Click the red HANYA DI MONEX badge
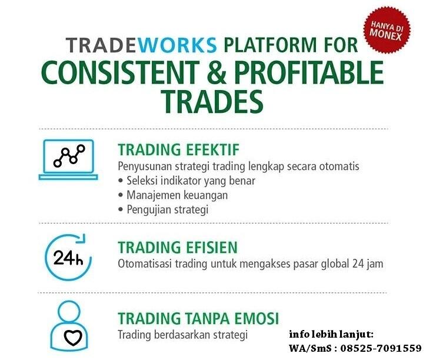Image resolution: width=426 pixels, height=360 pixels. [x=387, y=30]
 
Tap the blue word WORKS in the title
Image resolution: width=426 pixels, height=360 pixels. [x=179, y=45]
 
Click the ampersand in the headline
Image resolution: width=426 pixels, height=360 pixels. [x=217, y=72]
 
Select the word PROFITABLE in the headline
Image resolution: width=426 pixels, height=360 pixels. [x=309, y=72]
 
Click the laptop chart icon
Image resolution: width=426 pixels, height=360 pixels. [x=68, y=160]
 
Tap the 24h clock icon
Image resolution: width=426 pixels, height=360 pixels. [x=68, y=257]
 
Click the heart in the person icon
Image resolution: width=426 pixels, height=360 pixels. [x=73, y=338]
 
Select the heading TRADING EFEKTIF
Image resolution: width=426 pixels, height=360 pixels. [x=178, y=149]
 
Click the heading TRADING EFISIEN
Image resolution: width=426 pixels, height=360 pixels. [x=178, y=247]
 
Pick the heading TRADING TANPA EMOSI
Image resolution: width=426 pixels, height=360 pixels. [x=198, y=318]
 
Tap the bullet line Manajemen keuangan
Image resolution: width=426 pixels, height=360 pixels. [x=173, y=195]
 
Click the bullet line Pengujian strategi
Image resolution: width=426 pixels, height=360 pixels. [x=164, y=209]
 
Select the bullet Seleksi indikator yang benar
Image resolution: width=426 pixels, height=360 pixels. [x=187, y=181]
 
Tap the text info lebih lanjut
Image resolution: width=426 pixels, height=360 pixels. [x=331, y=334]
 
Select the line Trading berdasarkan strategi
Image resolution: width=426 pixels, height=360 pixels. [x=182, y=335]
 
